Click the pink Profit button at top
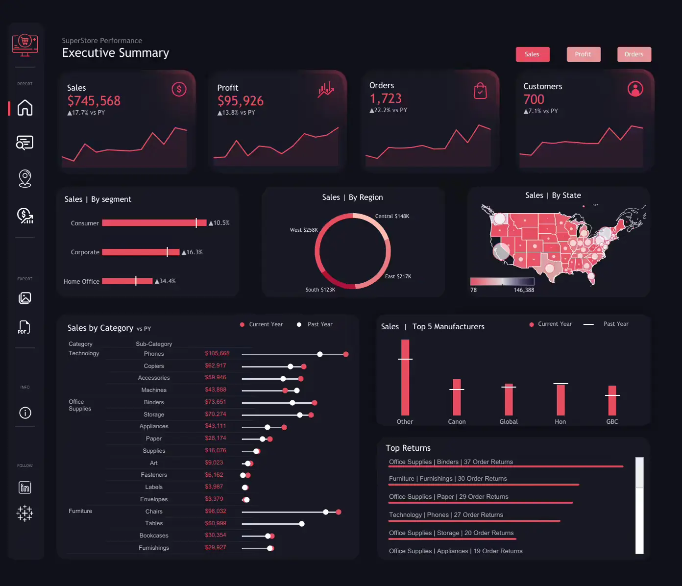pyautogui.click(x=583, y=54)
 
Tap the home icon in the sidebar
pyautogui.click(x=25, y=108)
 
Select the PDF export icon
pyautogui.click(x=24, y=327)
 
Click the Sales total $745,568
pyautogui.click(x=94, y=101)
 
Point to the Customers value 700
pyautogui.click(x=534, y=99)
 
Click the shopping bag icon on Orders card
pyautogui.click(x=480, y=91)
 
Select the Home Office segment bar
pyautogui.click(x=127, y=281)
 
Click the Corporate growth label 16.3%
pyautogui.click(x=192, y=252)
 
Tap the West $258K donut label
pyautogui.click(x=304, y=230)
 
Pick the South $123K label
pyautogui.click(x=320, y=290)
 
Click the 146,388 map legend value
pyautogui.click(x=524, y=290)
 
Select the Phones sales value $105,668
pyautogui.click(x=217, y=353)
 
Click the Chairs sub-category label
pyautogui.click(x=154, y=512)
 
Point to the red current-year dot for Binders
pyautogui.click(x=315, y=403)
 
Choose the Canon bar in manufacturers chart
pyautogui.click(x=457, y=397)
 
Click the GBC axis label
pyautogui.click(x=612, y=422)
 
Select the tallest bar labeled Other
pyautogui.click(x=405, y=377)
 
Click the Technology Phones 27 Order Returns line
pyautogui.click(x=446, y=515)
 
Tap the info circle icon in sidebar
pyautogui.click(x=25, y=413)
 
